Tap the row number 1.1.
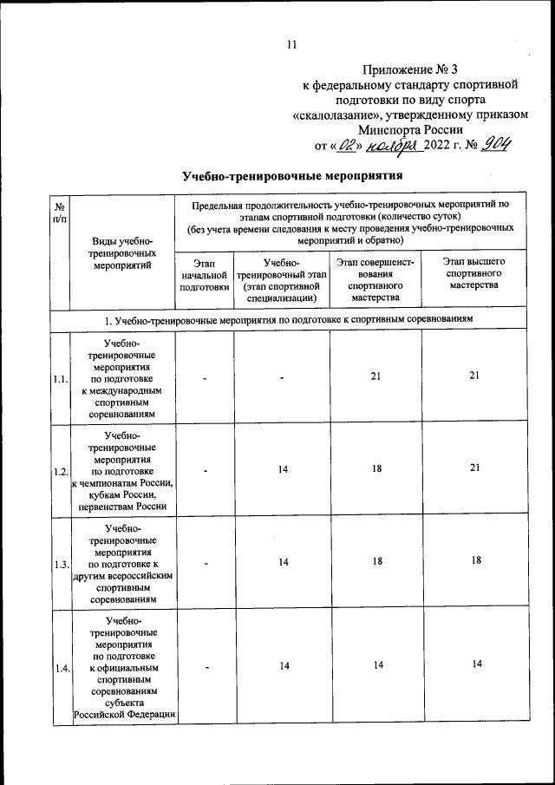pos(60,379)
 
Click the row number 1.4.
pos(60,667)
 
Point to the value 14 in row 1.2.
pos(283,468)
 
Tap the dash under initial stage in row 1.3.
pos(206,562)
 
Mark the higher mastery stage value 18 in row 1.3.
pos(474,560)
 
